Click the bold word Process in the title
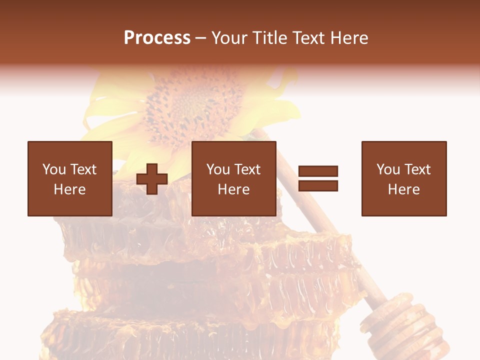pos(157,38)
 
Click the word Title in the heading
pos(269,38)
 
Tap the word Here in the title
pos(349,38)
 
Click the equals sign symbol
pos(318,178)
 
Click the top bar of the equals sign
pos(318,171)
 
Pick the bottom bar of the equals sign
pos(318,185)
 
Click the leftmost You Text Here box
pos(70,178)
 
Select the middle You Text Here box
pos(233,178)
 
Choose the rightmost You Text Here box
pos(404,178)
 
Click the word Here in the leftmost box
pos(70,189)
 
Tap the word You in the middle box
pos(218,169)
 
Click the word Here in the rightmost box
pos(404,189)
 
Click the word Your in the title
pos(229,38)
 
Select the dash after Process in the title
pos(200,38)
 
